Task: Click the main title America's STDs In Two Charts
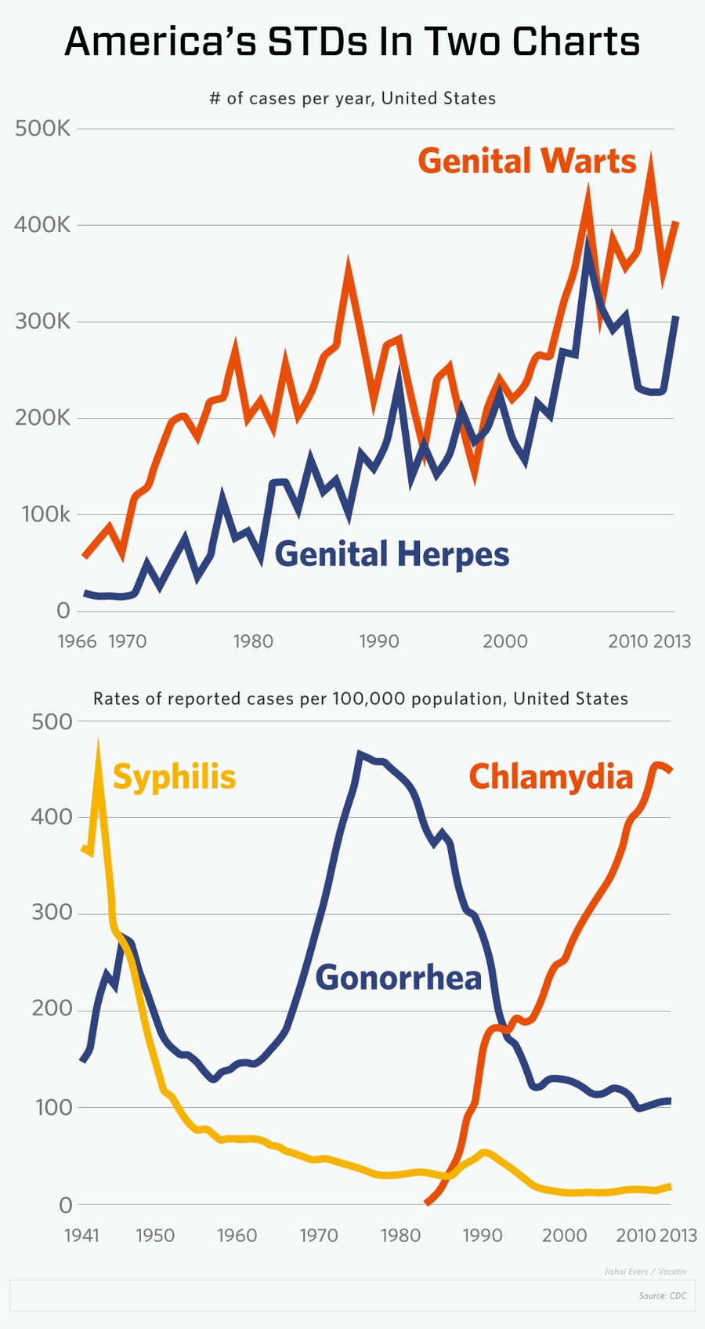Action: pyautogui.click(x=352, y=42)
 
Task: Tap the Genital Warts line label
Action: pyautogui.click(x=526, y=161)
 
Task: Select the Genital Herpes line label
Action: pyautogui.click(x=392, y=554)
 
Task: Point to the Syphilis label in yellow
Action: pyautogui.click(x=174, y=777)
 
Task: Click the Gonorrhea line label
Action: pyautogui.click(x=398, y=978)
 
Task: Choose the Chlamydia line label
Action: pyautogui.click(x=551, y=777)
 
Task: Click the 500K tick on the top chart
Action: pyautogui.click(x=42, y=129)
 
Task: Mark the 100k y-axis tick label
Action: pyautogui.click(x=45, y=514)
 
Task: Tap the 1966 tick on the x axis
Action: pyautogui.click(x=77, y=641)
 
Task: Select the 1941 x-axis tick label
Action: pyautogui.click(x=81, y=1236)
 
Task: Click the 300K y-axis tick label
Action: pyautogui.click(x=42, y=321)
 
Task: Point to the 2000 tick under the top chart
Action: pyautogui.click(x=504, y=641)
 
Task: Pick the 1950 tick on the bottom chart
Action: pyautogui.click(x=155, y=1236)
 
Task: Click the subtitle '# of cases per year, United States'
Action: pyautogui.click(x=352, y=99)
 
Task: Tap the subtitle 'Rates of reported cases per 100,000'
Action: pyautogui.click(x=360, y=699)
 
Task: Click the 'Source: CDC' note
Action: pyautogui.click(x=663, y=1296)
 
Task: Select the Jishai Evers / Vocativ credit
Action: pyautogui.click(x=645, y=1271)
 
